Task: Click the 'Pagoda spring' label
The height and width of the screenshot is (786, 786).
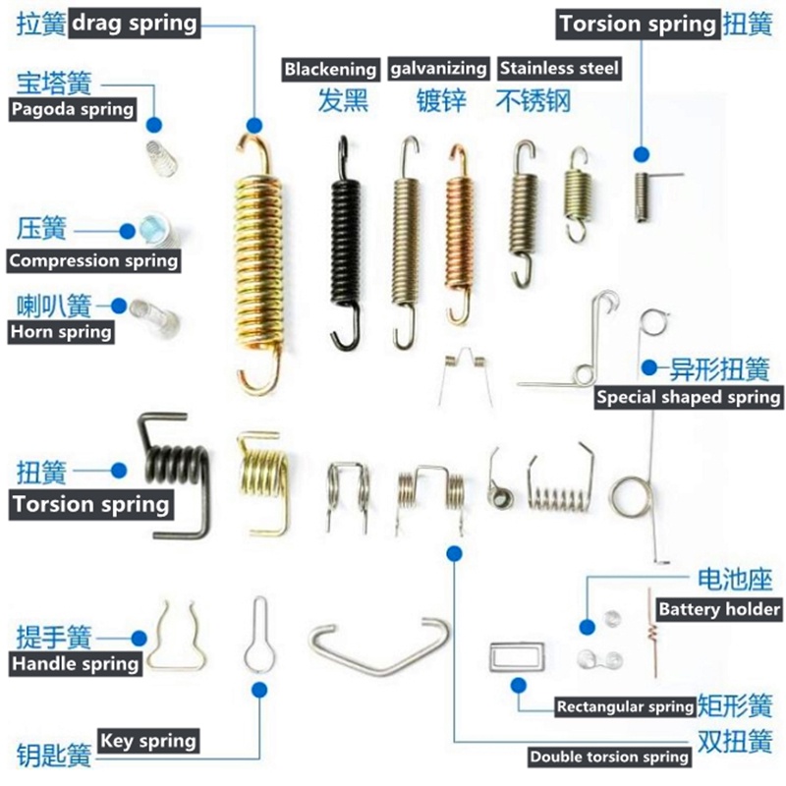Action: tap(73, 109)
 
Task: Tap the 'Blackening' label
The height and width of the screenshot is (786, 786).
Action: tap(330, 69)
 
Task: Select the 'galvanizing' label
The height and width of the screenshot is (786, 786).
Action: tap(438, 69)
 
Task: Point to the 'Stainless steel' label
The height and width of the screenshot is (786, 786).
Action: tap(559, 68)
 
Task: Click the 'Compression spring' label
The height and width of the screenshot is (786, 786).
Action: tap(93, 260)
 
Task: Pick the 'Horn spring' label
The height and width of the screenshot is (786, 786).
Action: tap(61, 332)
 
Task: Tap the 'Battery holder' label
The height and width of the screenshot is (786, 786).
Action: tap(719, 609)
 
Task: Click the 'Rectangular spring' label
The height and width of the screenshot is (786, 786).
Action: tap(626, 706)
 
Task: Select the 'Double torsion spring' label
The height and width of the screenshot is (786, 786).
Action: tap(609, 757)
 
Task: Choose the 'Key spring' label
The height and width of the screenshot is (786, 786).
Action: tap(148, 741)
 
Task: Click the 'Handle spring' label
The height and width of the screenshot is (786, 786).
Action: tap(76, 664)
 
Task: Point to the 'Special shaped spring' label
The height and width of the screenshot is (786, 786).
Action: tap(689, 397)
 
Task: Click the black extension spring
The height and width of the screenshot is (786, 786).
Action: tap(346, 242)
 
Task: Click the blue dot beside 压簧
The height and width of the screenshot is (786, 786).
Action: tap(128, 231)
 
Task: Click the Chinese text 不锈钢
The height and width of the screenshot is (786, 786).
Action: tap(533, 101)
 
